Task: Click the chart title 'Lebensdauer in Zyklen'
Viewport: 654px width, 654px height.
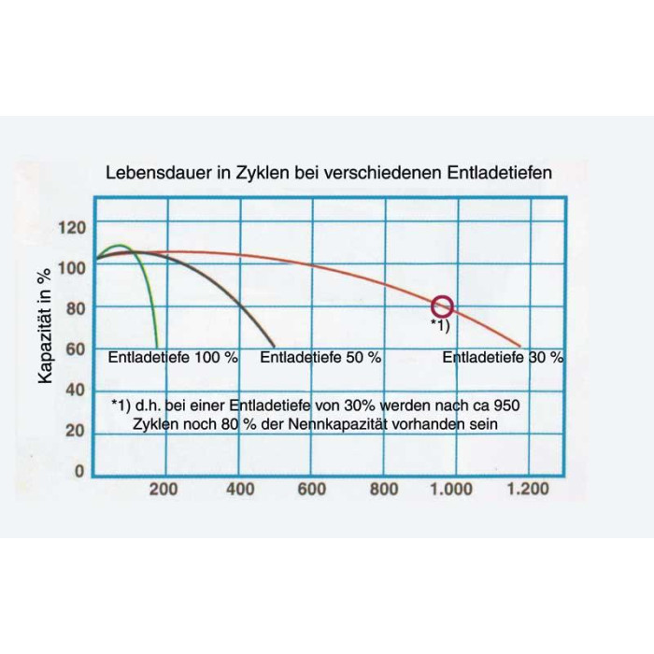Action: (x=327, y=173)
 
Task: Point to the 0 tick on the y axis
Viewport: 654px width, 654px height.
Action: (x=79, y=472)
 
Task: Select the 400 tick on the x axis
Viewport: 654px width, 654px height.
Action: (x=240, y=489)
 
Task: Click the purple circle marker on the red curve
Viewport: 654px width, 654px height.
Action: (x=443, y=306)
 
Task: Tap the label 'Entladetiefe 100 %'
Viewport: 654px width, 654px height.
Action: (x=173, y=358)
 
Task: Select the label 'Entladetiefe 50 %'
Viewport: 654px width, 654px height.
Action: (x=320, y=358)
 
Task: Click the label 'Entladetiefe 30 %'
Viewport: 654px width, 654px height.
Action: (x=503, y=358)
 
